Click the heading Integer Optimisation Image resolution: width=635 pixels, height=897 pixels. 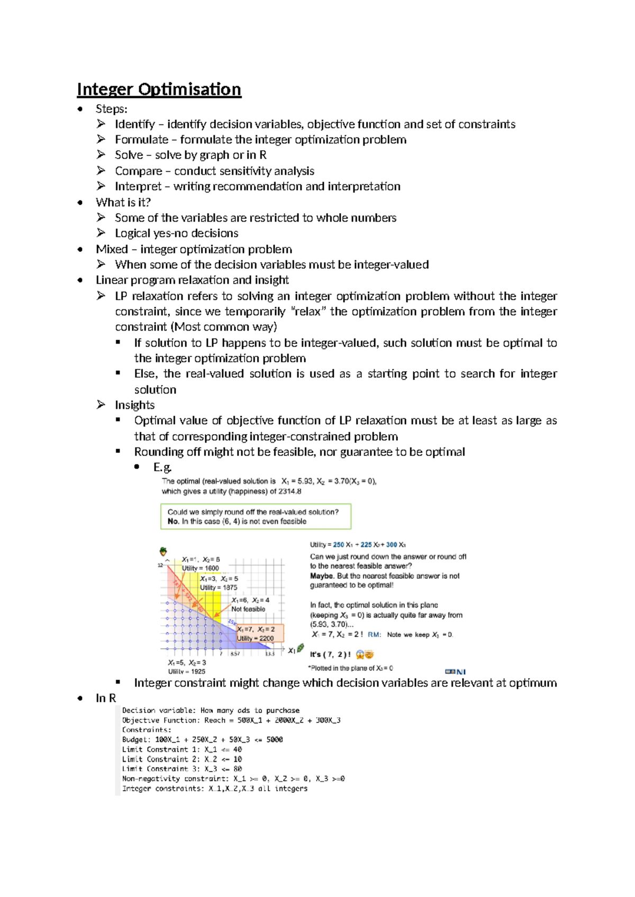[159, 89]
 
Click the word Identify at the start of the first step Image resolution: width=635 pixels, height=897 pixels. [134, 124]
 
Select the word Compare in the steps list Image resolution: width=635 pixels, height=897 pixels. [138, 171]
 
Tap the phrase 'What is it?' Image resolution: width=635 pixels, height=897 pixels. [123, 202]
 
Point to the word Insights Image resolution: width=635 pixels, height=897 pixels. [134, 405]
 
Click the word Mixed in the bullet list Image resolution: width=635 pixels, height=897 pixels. [112, 249]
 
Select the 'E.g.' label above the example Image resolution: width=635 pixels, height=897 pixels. [162, 467]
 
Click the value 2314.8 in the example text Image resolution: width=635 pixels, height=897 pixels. [291, 491]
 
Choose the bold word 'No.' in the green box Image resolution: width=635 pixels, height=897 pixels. [173, 521]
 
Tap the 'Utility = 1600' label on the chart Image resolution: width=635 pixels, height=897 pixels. [201, 569]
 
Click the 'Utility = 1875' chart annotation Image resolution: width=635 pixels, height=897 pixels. [219, 588]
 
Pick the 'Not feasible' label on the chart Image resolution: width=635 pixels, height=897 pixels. [248, 609]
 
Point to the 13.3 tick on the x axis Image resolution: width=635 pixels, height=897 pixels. [270, 654]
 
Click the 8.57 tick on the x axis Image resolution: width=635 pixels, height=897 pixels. [235, 654]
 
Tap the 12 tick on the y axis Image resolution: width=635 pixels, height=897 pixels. [160, 565]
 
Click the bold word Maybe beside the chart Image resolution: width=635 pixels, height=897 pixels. [322, 576]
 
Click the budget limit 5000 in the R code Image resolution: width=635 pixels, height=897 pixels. [274, 740]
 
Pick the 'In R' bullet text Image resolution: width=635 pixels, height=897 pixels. [105, 698]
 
